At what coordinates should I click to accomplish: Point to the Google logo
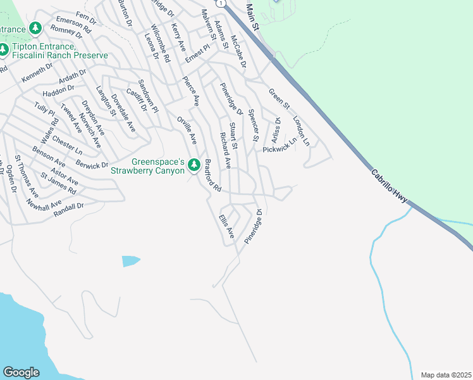point(21,372)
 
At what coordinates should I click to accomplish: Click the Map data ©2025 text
point(446,375)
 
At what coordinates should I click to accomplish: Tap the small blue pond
point(130,261)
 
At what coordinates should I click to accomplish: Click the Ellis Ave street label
point(226,226)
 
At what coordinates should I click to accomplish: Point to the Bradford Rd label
point(212,175)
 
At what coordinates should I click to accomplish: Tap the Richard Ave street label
point(224,151)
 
